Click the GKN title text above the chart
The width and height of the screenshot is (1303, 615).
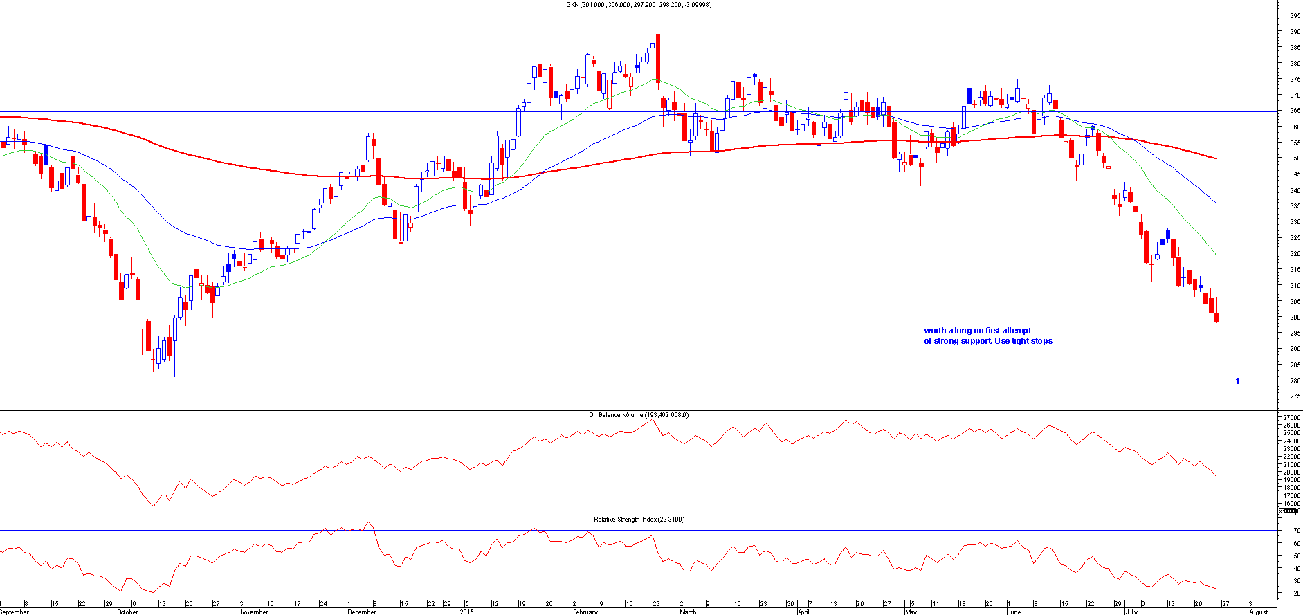coord(638,5)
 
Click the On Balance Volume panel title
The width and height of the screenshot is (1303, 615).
coord(638,415)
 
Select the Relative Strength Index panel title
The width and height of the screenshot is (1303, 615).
coord(638,520)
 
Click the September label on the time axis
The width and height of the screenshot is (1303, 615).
coord(15,612)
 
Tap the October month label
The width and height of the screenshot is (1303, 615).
coord(127,612)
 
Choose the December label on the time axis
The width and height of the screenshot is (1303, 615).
coord(362,612)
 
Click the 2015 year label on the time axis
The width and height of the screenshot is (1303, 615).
coord(467,612)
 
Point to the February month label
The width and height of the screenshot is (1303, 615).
coord(585,612)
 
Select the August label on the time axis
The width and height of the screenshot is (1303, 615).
coord(1258,612)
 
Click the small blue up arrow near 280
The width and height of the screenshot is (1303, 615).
coord(1237,380)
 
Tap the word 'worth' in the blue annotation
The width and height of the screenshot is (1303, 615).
coord(935,331)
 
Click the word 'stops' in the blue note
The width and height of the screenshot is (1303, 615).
coord(1041,341)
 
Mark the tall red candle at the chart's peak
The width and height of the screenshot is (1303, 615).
coord(657,58)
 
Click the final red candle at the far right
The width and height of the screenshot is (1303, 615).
coord(1217,318)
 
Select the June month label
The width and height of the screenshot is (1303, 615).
coord(1014,612)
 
